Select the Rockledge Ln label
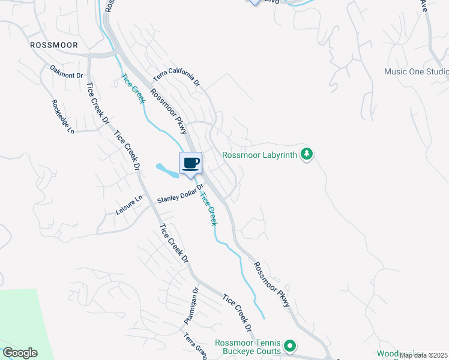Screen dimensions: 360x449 62,116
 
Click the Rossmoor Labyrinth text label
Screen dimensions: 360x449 260,155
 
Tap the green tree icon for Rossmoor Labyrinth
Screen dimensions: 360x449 307,154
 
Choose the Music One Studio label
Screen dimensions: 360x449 416,72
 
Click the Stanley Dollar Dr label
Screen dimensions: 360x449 181,196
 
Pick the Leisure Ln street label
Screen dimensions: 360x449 129,206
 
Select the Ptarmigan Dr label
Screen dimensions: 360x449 191,306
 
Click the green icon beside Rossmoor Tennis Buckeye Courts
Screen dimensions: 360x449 290,345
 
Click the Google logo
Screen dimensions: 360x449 20,353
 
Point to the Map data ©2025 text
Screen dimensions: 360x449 424,355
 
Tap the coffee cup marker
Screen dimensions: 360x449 191,163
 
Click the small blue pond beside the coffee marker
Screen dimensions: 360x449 167,171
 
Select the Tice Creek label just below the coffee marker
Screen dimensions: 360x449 208,208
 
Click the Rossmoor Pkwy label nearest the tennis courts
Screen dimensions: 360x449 272,284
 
